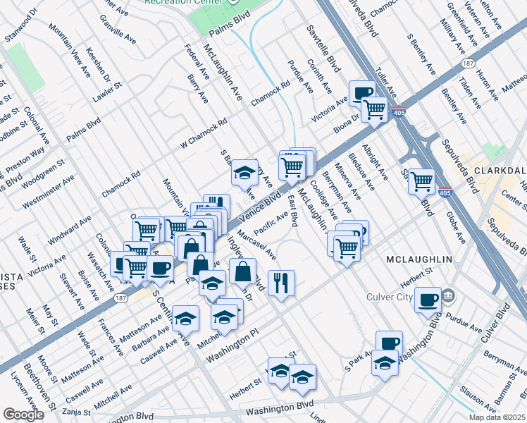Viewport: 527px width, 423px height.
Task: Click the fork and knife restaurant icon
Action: point(281,283)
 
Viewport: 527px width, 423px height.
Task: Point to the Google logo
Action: point(23,415)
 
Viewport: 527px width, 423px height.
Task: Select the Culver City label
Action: point(389,297)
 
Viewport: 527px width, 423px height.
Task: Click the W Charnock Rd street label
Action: point(204,131)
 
